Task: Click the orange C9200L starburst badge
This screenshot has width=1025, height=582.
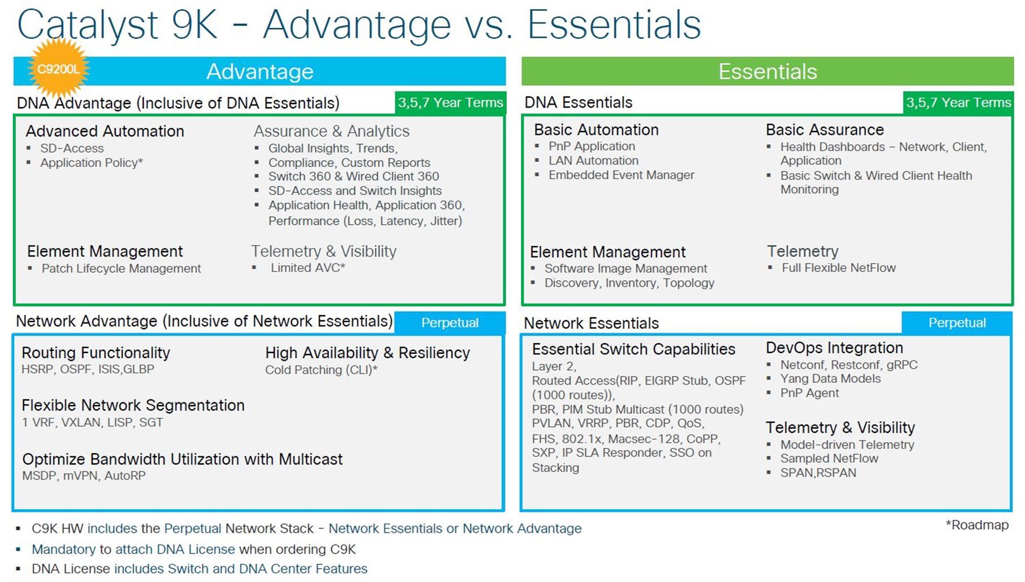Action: click(x=58, y=69)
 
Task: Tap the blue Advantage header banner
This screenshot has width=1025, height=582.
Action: click(x=259, y=71)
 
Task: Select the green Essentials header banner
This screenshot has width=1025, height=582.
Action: click(x=767, y=71)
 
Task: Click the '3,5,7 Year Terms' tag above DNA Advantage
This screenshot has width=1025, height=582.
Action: click(x=450, y=102)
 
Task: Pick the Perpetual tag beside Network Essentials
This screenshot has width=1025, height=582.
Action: click(x=957, y=323)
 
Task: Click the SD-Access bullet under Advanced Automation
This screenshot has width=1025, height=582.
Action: click(x=72, y=148)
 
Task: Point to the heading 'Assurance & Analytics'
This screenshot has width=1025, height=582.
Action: click(x=332, y=131)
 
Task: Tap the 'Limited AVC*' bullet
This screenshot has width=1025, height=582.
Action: click(x=308, y=268)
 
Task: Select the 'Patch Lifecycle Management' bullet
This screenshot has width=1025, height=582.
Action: click(x=121, y=268)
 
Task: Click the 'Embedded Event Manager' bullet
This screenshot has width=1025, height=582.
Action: click(x=622, y=175)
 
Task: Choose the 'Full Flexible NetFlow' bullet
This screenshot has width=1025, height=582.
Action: click(x=838, y=268)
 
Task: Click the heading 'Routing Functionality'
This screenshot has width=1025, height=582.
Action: click(x=96, y=352)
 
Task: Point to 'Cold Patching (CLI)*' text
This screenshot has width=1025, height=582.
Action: click(x=321, y=370)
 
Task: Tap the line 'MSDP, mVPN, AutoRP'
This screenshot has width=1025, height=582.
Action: click(x=84, y=475)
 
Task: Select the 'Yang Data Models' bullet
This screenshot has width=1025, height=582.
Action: click(x=830, y=379)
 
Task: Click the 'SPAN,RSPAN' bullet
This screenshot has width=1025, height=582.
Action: click(x=818, y=473)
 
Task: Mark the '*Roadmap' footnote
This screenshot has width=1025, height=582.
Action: click(x=977, y=525)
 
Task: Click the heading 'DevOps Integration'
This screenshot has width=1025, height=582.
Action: click(x=834, y=348)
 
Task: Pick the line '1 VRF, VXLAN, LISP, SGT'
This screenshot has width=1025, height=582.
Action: click(x=92, y=422)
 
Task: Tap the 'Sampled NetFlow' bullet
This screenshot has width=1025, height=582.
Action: click(x=829, y=459)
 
